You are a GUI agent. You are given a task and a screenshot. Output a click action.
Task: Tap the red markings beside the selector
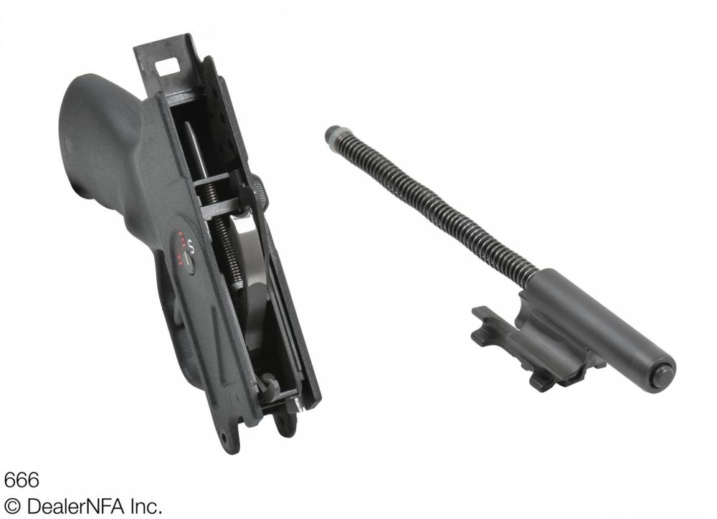pyautogui.click(x=180, y=247)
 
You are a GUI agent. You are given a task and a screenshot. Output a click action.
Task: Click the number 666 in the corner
pyautogui.click(x=22, y=480)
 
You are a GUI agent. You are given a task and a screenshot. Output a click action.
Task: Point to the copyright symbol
pyautogui.click(x=13, y=507)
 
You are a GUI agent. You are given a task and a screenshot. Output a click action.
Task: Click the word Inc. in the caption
pyautogui.click(x=146, y=506)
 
